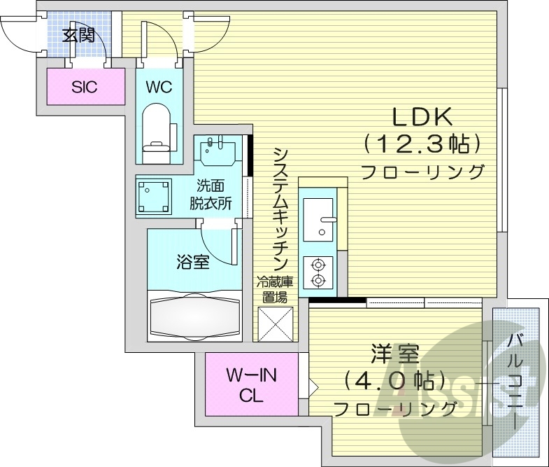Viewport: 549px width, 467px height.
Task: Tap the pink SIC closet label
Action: click(84, 87)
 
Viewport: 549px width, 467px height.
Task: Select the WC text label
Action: click(158, 87)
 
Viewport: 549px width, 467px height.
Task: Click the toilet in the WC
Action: click(157, 129)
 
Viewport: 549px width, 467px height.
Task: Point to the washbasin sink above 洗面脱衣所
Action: click(218, 150)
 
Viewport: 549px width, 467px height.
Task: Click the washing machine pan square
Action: click(155, 197)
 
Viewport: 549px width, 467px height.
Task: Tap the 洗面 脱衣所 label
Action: click(211, 195)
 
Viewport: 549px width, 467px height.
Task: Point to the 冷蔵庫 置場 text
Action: click(273, 289)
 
